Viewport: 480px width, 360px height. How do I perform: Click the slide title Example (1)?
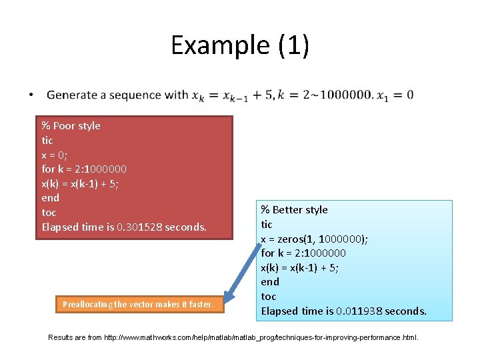pyautogui.click(x=239, y=45)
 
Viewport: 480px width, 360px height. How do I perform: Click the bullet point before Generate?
pyautogui.click(x=31, y=95)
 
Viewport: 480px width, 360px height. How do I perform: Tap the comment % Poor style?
pyautogui.click(x=71, y=126)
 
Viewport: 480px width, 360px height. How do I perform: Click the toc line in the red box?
pyautogui.click(x=49, y=213)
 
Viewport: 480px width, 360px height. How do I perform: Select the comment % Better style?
pyautogui.click(x=294, y=210)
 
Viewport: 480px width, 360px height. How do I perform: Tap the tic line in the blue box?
pyautogui.click(x=267, y=225)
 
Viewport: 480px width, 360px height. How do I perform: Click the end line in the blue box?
pyautogui.click(x=269, y=282)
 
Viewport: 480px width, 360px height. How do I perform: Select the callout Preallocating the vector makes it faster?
pyautogui.click(x=138, y=305)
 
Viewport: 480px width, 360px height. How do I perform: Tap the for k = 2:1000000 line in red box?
pyautogui.click(x=84, y=169)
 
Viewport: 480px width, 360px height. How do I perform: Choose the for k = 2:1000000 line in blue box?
pyautogui.click(x=303, y=253)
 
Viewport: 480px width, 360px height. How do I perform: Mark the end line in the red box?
pyautogui.click(x=50, y=198)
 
